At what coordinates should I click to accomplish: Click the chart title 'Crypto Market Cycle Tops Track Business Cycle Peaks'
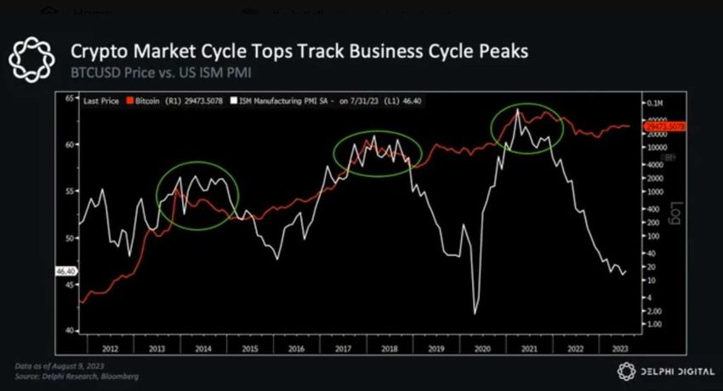click(299, 51)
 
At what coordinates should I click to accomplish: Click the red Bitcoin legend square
click(129, 100)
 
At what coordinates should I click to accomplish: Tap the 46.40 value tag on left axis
click(65, 271)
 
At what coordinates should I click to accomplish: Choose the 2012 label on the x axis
click(110, 348)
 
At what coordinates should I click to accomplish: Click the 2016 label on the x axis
click(294, 348)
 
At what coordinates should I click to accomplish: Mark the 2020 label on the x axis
click(481, 348)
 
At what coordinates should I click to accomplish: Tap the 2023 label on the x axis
click(619, 348)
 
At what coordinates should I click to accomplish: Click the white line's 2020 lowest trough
click(475, 314)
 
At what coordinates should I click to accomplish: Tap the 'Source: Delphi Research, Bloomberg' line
click(77, 375)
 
